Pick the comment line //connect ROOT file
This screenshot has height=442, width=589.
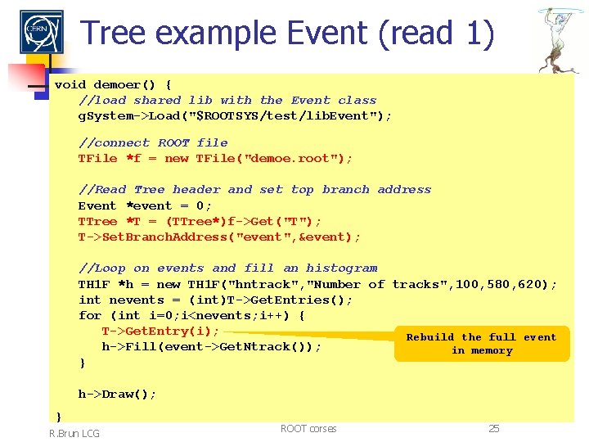153,142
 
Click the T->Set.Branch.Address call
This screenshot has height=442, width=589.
219,237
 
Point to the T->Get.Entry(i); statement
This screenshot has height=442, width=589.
160,331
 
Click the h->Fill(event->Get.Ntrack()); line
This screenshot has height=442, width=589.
211,346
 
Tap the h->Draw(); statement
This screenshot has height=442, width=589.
117,394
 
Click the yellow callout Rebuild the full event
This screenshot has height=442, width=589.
481,344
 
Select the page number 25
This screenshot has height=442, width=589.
493,428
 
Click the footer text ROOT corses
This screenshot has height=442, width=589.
308,428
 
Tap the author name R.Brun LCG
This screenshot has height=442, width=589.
74,433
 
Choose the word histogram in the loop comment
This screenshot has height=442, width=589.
342,268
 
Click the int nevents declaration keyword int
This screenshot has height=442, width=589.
89,300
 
